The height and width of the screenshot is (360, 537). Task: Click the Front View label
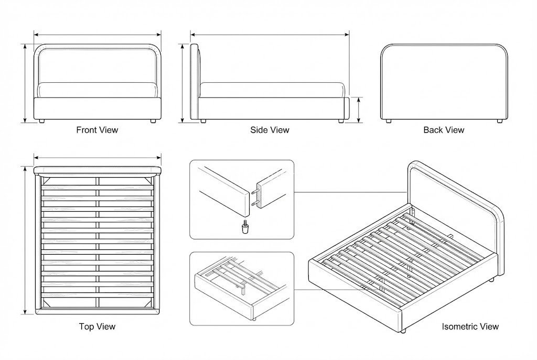(97, 130)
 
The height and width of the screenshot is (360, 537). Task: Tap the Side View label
(270, 130)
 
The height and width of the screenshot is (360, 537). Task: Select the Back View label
(444, 130)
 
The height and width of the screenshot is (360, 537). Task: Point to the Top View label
(97, 326)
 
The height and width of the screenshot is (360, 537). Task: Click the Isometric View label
(470, 326)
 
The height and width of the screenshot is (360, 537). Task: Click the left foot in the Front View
(41, 121)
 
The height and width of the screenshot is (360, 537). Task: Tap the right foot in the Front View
(153, 121)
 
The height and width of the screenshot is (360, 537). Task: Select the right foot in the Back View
(499, 121)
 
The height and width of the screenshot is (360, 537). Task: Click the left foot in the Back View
(388, 121)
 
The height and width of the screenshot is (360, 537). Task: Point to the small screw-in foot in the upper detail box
(244, 227)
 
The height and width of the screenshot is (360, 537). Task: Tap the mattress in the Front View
(97, 90)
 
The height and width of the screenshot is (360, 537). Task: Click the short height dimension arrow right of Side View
(358, 109)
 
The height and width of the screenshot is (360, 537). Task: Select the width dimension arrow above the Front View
(97, 35)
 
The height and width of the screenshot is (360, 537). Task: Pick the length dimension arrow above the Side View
(270, 35)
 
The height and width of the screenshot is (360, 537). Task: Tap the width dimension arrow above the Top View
(97, 157)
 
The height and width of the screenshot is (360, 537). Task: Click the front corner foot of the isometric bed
(403, 331)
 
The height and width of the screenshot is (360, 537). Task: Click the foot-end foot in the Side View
(341, 121)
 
